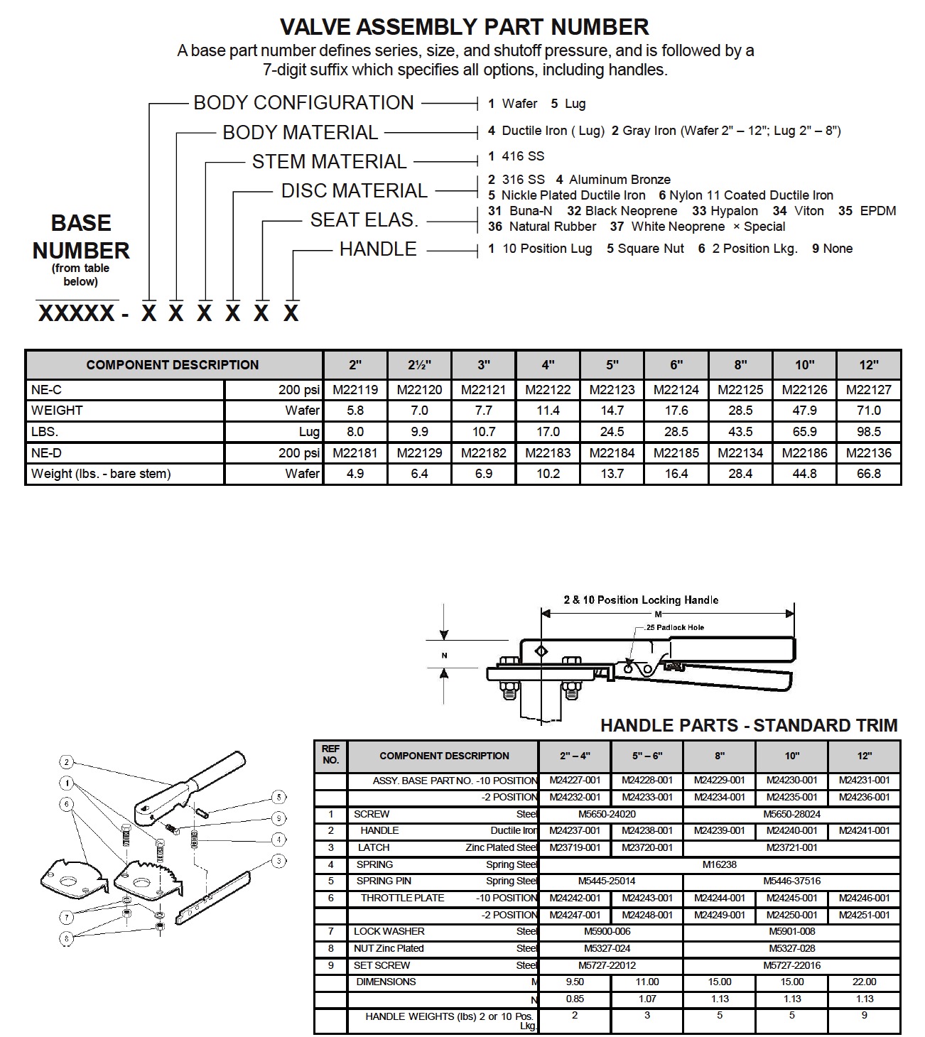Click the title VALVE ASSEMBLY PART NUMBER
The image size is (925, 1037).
click(464, 27)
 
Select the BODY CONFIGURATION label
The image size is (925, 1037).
click(303, 103)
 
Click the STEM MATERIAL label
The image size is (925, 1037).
click(329, 162)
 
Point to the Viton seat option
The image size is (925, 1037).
click(808, 211)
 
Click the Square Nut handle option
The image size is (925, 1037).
click(650, 249)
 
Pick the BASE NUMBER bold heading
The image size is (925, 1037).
click(81, 237)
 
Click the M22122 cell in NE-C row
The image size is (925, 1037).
click(548, 389)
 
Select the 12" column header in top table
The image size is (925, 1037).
click(868, 365)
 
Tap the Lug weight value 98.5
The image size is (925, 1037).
click(868, 431)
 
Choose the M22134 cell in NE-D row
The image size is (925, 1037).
click(740, 452)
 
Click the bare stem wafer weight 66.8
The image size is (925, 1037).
click(868, 474)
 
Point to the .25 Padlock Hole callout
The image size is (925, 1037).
click(675, 628)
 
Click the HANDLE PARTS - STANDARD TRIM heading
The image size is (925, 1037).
click(749, 725)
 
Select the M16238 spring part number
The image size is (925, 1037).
click(719, 864)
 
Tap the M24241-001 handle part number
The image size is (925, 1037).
click(864, 830)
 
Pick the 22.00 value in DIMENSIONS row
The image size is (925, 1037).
click(864, 982)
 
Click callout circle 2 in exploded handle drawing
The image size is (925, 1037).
click(67, 762)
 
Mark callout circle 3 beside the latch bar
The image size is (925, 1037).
click(279, 861)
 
